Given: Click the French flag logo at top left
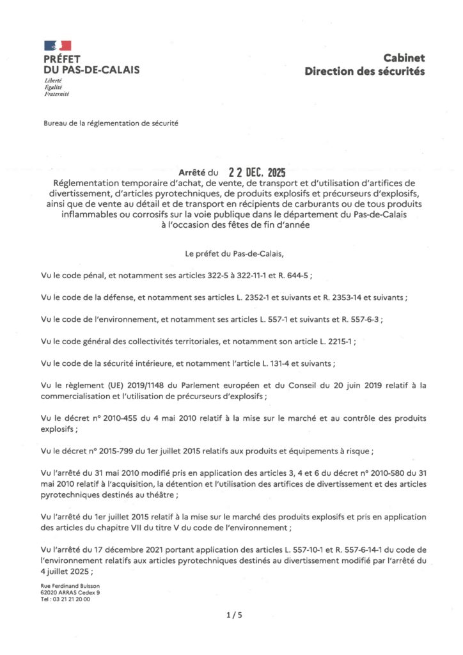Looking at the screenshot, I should point(58,45).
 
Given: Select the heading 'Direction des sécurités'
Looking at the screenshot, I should point(365,71).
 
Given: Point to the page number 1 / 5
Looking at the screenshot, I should point(234,615).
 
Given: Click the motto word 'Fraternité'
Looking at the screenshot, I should point(56,94).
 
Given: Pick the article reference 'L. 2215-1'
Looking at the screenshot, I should point(331,342).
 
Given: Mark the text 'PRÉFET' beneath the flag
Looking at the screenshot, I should point(63,59).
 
